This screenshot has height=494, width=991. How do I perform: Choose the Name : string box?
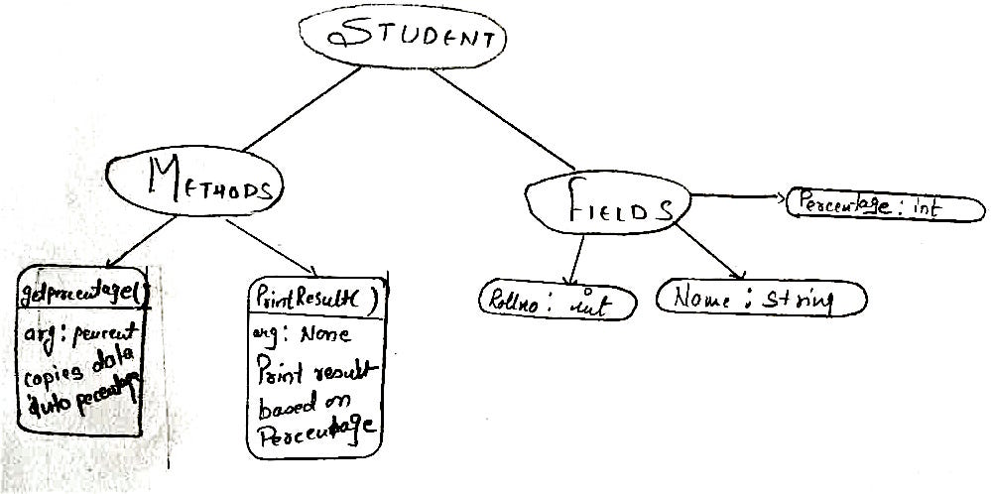[x=762, y=298]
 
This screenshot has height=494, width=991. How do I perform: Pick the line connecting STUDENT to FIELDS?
[x=501, y=118]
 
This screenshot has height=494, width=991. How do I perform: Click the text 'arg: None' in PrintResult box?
[x=297, y=335]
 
